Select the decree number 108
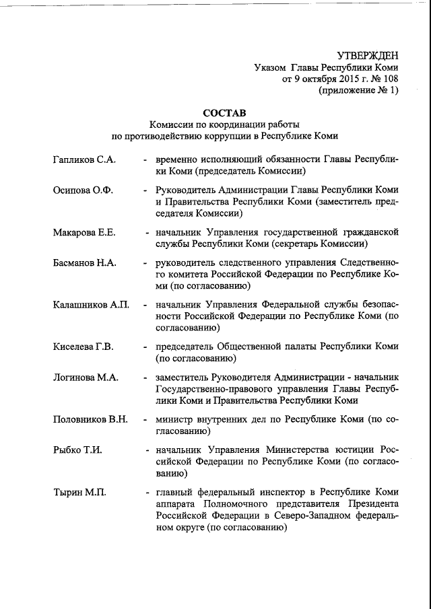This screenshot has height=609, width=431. click(x=389, y=79)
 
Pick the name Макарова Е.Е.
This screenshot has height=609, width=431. click(x=84, y=232)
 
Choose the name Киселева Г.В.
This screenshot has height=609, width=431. click(x=83, y=347)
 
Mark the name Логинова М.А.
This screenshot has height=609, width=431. click(x=86, y=378)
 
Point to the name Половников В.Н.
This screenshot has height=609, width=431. click(x=90, y=419)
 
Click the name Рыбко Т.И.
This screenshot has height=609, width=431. click(x=77, y=450)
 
